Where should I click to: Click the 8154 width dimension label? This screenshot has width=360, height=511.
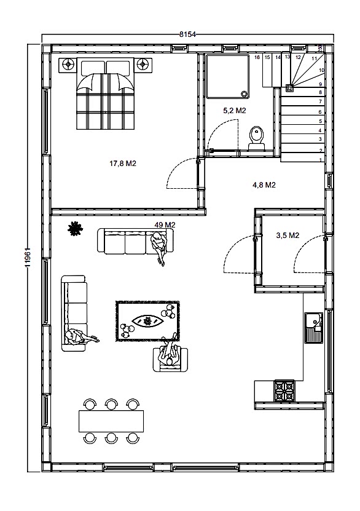[188, 34]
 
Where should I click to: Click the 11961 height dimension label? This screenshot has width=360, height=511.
[28, 258]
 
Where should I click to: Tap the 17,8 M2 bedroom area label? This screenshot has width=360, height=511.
[123, 164]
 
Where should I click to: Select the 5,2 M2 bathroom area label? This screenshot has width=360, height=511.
[234, 111]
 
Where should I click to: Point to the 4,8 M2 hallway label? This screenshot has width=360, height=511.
[264, 185]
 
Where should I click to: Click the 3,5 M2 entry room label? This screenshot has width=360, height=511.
[288, 236]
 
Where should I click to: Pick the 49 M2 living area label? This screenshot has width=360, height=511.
[165, 225]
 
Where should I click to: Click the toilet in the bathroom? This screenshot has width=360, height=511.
[257, 138]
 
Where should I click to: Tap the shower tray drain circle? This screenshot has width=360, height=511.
[244, 93]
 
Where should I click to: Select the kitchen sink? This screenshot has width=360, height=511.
[313, 328]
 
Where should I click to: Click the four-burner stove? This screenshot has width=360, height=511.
[284, 390]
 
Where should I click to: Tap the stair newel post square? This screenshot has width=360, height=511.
[289, 87]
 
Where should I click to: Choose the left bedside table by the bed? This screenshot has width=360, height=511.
[68, 65]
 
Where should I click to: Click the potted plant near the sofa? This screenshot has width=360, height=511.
[75, 228]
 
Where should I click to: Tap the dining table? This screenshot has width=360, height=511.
[111, 421]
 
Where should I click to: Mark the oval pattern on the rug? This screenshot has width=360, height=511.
[148, 322]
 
